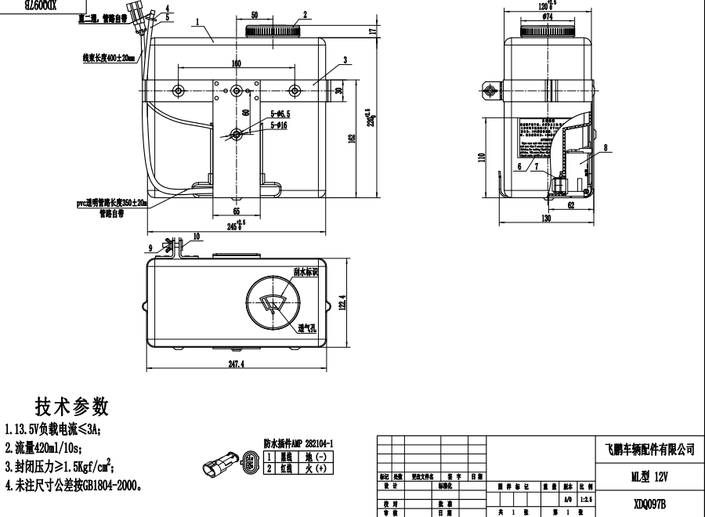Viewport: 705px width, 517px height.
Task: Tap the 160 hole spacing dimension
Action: tap(236, 63)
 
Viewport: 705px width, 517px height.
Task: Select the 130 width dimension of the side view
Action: tap(545, 219)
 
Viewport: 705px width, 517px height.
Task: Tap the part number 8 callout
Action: tap(605, 146)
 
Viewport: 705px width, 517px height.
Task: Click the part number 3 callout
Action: tap(344, 60)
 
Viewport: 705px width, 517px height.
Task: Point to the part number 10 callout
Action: tap(196, 236)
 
